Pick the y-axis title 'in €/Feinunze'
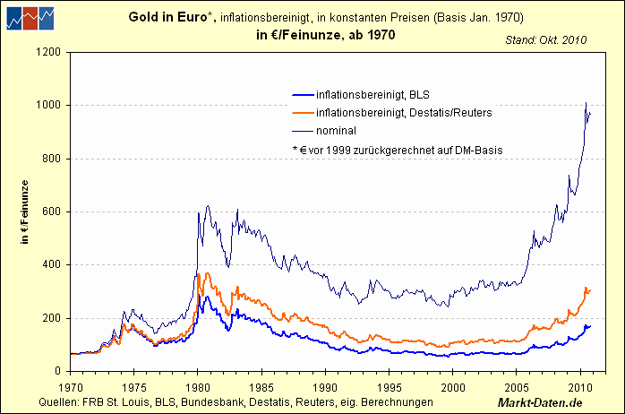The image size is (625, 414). (26, 211)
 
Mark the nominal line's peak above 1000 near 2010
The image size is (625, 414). (586, 103)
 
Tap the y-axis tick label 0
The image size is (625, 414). (56, 371)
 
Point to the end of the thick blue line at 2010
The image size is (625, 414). (591, 325)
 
